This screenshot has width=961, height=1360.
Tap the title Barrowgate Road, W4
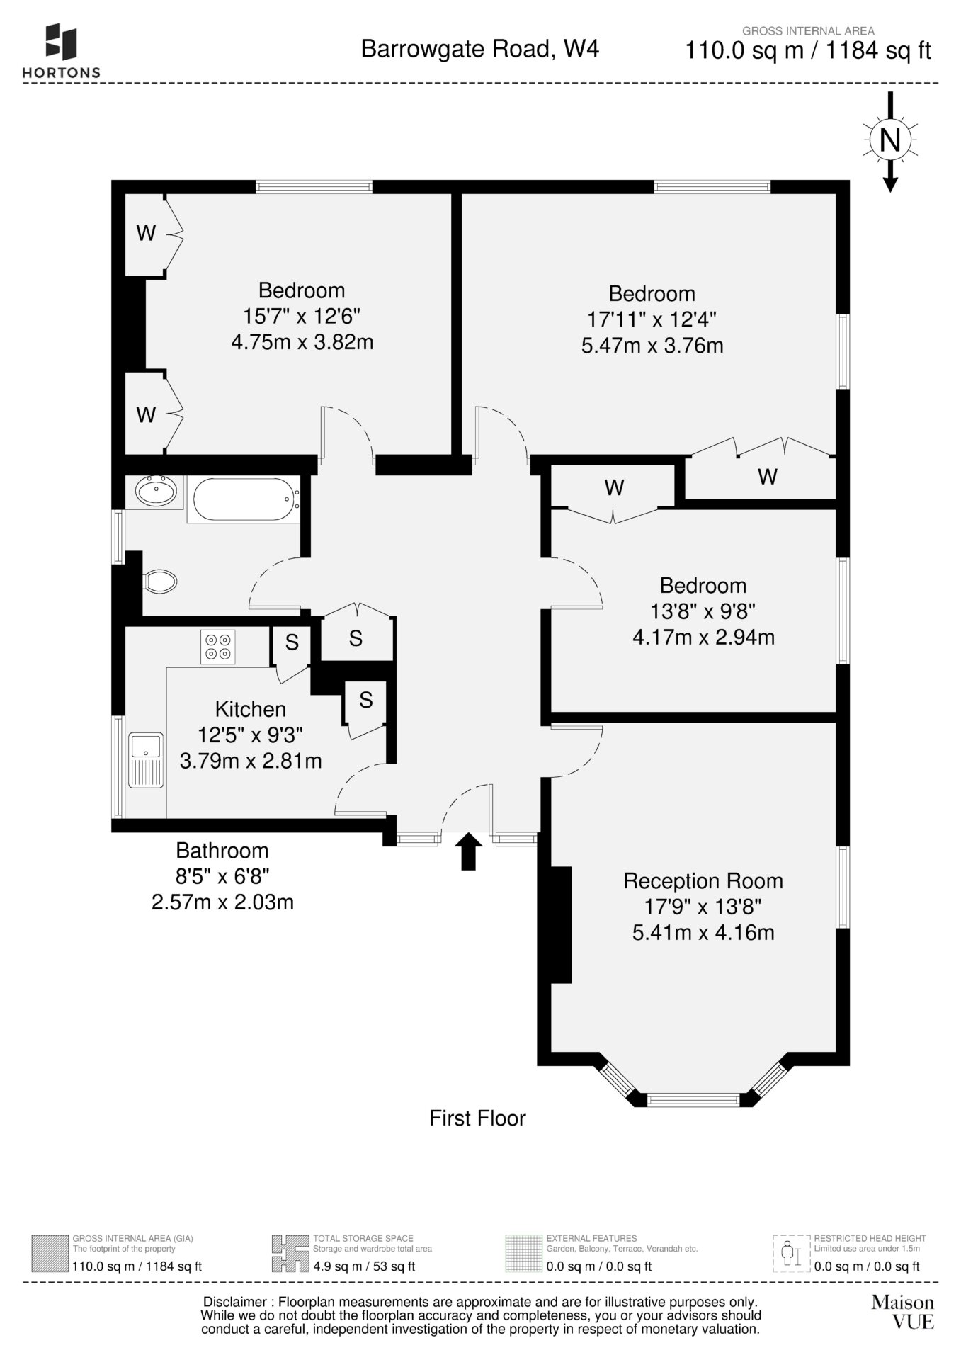[480, 49]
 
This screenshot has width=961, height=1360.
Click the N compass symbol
[890, 140]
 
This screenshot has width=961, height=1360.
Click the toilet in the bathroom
[160, 582]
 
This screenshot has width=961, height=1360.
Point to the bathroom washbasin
[155, 491]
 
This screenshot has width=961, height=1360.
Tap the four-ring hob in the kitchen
[218, 647]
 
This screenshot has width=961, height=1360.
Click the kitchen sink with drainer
[146, 760]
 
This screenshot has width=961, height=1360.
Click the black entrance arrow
[468, 851]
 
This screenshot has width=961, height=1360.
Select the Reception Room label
[703, 881]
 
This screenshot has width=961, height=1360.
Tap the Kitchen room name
[251, 709]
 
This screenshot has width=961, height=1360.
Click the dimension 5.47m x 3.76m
[652, 346]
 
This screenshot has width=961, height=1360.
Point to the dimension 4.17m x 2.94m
[704, 637]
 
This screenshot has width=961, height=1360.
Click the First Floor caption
[478, 1118]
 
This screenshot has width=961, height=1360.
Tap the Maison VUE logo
[903, 1311]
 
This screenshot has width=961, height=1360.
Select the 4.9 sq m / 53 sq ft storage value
[364, 1266]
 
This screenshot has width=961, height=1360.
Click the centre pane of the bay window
[693, 1100]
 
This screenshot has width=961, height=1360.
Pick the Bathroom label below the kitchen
[222, 851]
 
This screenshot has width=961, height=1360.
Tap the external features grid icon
[522, 1253]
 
